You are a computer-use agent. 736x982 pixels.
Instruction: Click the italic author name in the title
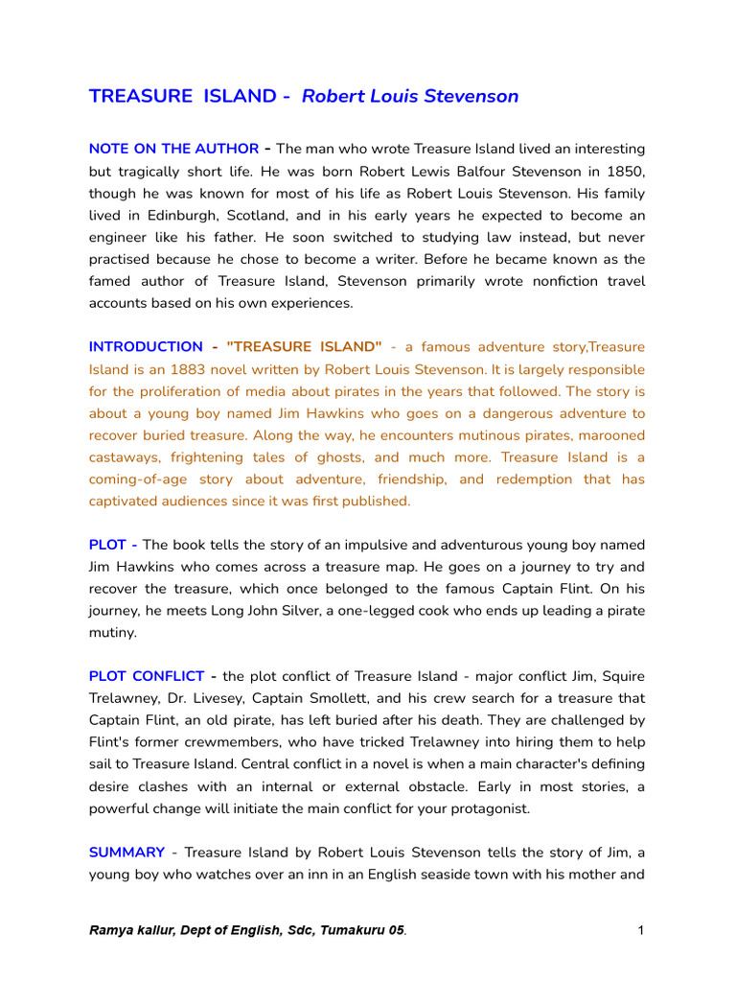[x=410, y=96]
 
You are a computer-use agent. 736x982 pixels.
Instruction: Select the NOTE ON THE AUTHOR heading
[x=173, y=149]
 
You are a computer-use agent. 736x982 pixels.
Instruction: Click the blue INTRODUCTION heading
[x=146, y=347]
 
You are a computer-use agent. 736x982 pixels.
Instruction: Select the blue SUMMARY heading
[x=126, y=852]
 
